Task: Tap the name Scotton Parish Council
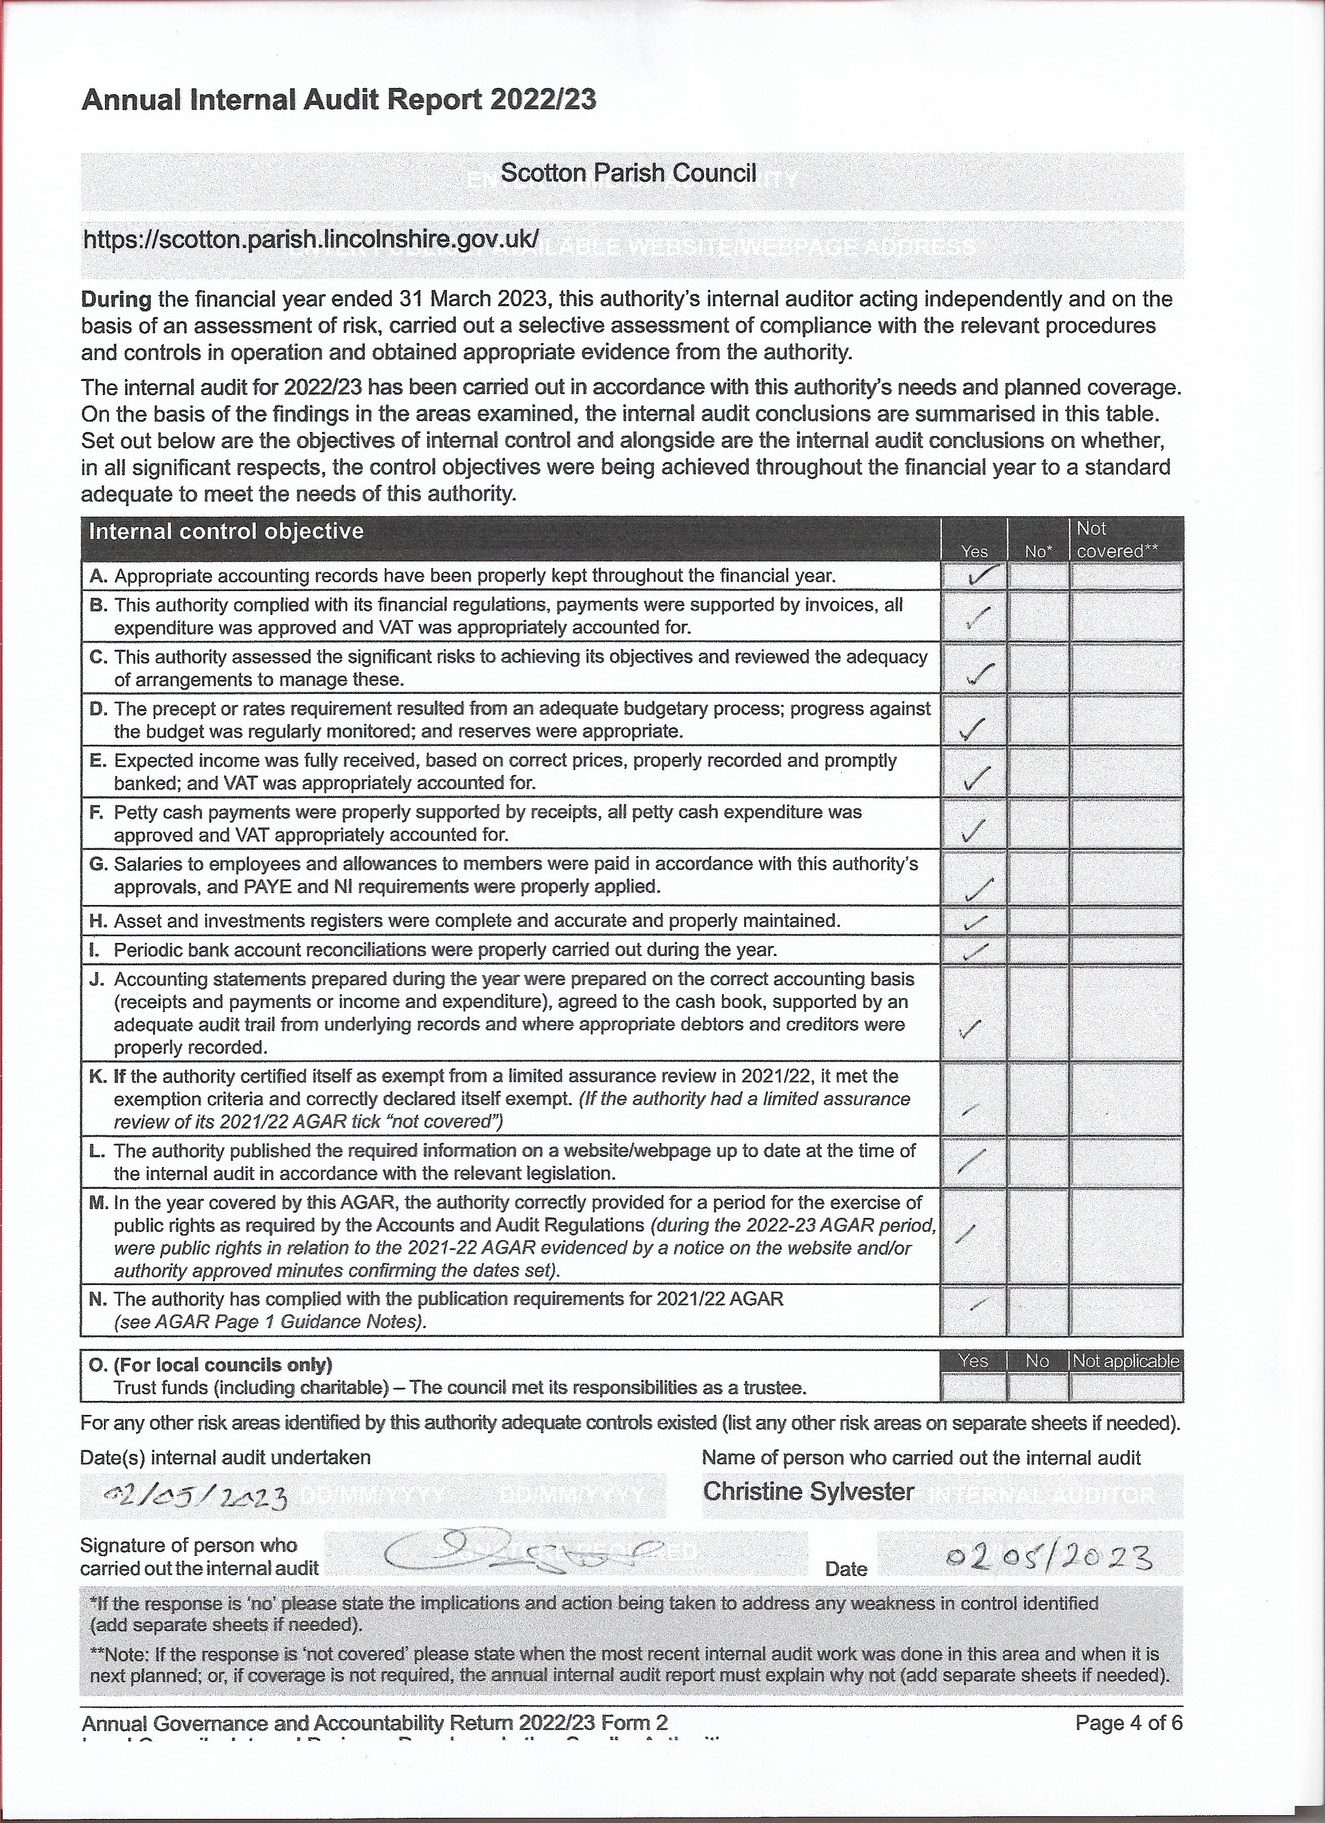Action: tap(628, 173)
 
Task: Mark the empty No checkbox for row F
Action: tap(1037, 823)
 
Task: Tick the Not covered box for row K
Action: tap(1125, 1099)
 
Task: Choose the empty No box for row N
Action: tap(1037, 1310)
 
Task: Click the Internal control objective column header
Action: tap(226, 531)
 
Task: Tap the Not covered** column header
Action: tap(1116, 540)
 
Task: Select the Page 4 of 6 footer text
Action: tap(1128, 1723)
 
